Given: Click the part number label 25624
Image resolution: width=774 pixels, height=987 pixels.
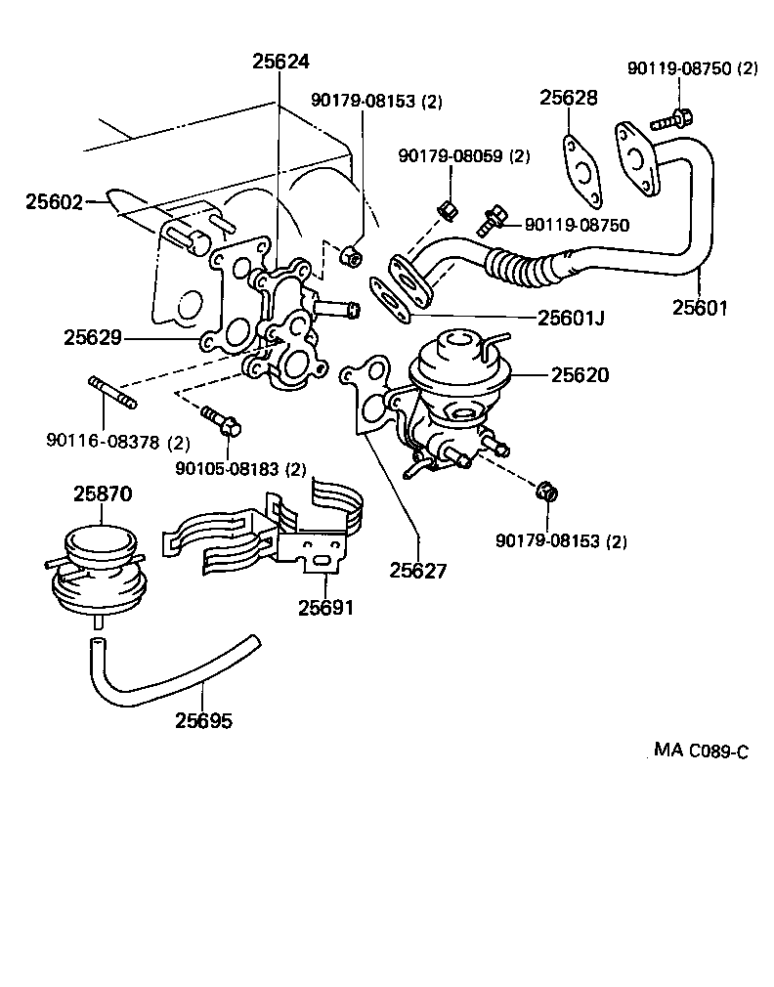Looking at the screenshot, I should click(280, 61).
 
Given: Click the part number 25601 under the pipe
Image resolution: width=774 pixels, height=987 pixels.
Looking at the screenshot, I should click(701, 308).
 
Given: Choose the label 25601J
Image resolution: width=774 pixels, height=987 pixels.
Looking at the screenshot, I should click(571, 317).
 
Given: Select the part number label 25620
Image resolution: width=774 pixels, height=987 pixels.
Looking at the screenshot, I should click(581, 375).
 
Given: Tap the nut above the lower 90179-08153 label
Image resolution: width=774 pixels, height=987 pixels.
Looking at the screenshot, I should click(549, 490).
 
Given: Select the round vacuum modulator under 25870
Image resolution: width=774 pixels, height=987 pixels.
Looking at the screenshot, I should click(96, 572).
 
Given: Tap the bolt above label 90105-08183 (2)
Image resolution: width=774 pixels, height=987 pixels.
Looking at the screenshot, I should click(222, 422).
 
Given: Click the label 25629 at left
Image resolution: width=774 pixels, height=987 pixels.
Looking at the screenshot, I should click(93, 338).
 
